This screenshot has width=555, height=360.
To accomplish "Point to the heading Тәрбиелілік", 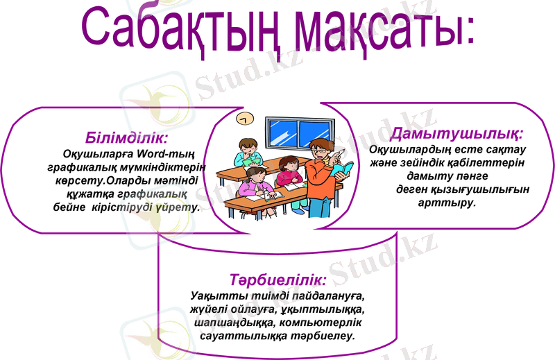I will click(x=277, y=280).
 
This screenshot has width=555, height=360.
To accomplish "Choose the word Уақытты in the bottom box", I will click(x=216, y=296).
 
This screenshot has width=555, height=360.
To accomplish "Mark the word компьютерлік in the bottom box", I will click(x=334, y=323).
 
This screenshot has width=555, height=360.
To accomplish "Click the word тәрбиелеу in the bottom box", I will click(x=323, y=336).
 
